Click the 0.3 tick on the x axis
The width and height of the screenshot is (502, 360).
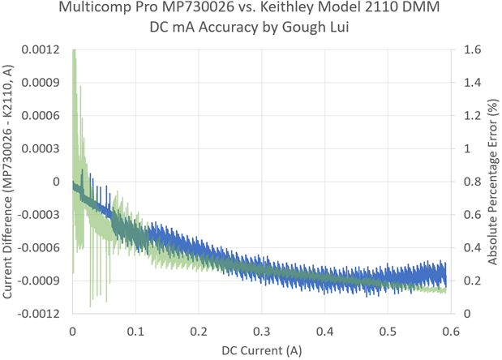(x=262, y=331)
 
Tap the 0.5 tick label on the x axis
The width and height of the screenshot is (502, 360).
(x=388, y=331)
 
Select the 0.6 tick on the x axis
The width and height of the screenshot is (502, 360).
(x=452, y=331)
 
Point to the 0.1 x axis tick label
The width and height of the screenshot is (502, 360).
(x=135, y=331)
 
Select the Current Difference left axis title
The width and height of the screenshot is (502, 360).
(x=11, y=182)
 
